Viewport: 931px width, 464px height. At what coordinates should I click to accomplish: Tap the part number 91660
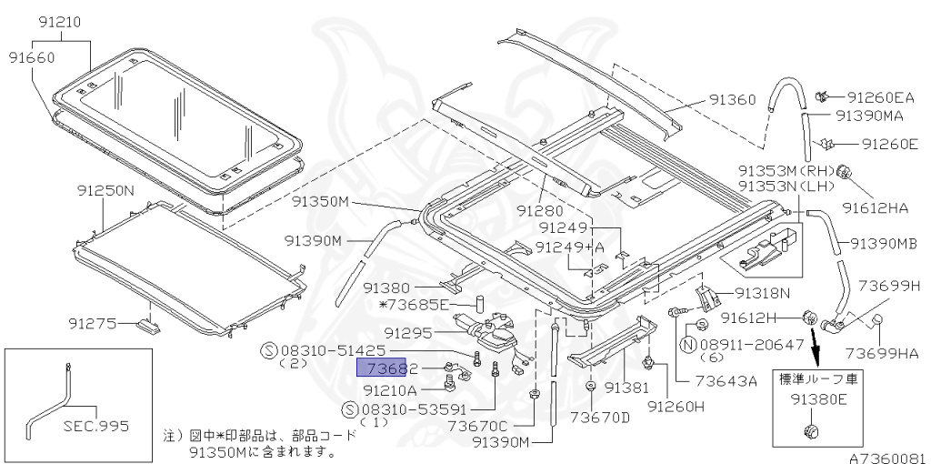(x=33, y=56)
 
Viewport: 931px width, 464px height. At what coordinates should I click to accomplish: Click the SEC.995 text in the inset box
(x=95, y=425)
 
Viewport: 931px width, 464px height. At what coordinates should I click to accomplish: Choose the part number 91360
(x=732, y=100)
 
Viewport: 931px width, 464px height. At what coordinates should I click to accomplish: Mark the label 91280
(x=542, y=209)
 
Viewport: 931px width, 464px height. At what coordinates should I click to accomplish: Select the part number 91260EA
(x=880, y=97)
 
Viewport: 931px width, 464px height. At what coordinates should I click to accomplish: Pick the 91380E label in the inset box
(x=816, y=398)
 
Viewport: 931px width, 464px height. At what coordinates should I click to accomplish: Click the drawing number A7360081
(x=887, y=458)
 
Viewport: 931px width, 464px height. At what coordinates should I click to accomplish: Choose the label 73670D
(x=600, y=418)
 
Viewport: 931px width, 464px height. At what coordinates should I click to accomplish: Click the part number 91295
(x=407, y=333)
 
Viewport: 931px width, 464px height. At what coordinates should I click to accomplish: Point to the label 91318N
(x=762, y=293)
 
